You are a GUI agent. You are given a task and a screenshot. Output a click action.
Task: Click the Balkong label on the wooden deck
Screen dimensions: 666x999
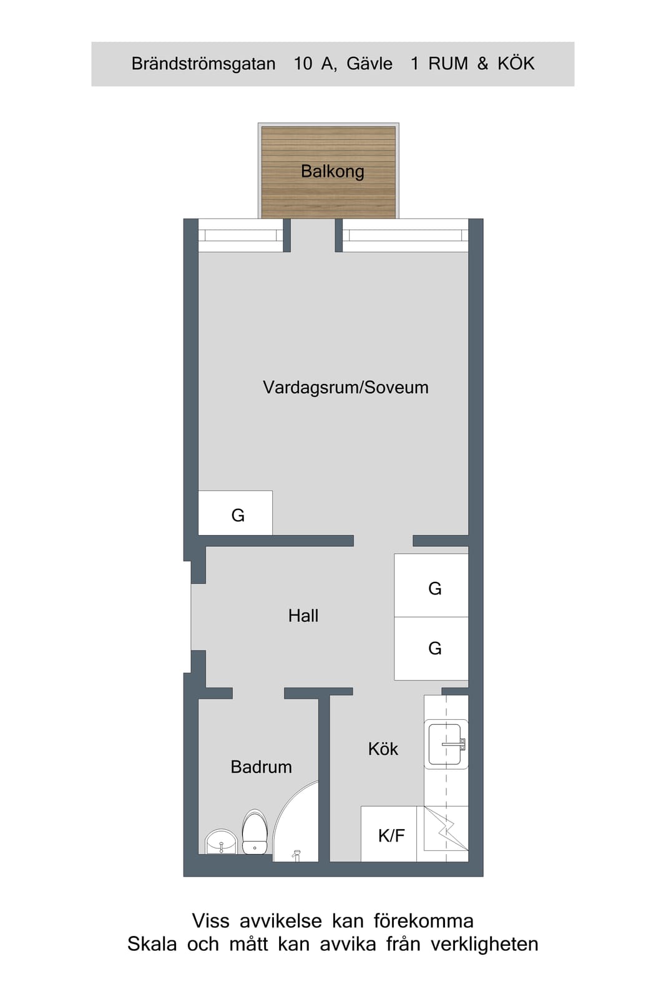coord(333,172)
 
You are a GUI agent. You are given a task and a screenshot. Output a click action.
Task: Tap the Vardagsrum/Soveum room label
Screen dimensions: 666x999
coord(345,387)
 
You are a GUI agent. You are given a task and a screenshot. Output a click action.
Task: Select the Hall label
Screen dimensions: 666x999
coord(303,616)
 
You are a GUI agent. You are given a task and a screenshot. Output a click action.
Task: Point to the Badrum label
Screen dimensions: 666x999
coord(262,767)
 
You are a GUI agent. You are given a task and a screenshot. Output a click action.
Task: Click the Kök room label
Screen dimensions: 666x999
coord(383,749)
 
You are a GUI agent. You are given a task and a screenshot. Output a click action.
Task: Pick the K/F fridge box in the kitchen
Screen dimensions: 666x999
coord(389,834)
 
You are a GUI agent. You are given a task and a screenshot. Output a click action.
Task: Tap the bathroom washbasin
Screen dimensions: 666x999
coord(221,842)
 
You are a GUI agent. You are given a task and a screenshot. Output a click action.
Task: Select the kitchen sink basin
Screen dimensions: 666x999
coord(446,744)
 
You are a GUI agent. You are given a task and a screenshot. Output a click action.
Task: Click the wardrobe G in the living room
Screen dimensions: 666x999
coord(235,513)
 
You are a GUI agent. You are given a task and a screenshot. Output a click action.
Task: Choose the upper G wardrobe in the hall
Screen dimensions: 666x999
coord(431,586)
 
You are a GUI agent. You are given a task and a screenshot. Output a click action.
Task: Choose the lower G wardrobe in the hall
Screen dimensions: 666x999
coord(431,649)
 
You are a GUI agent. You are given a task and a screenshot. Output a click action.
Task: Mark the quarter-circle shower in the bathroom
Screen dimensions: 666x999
coord(296,822)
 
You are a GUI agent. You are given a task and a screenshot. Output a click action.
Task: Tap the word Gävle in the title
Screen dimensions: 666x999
coord(370,64)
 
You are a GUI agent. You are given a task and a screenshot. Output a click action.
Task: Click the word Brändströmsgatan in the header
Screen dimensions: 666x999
coord(203,64)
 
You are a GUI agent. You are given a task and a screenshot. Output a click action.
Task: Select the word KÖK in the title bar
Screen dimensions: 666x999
coord(516,63)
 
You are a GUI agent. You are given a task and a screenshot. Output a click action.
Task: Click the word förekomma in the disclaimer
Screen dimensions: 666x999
coord(423,921)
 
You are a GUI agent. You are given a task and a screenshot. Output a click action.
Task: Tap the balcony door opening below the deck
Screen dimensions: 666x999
coord(313,235)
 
